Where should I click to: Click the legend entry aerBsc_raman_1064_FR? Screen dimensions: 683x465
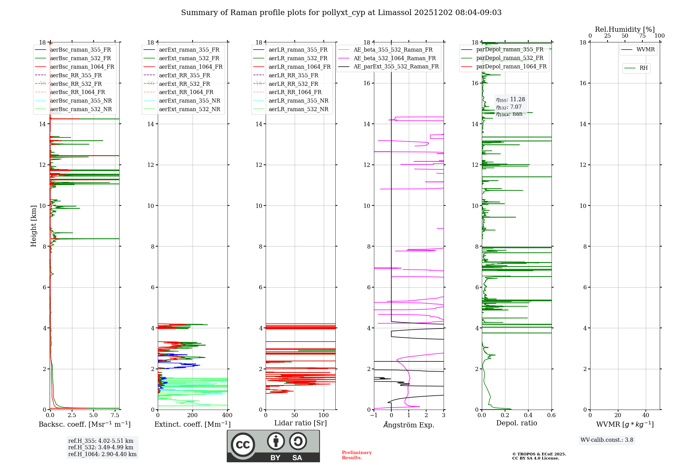click(74, 67)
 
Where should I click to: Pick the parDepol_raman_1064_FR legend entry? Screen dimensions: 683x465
click(504, 67)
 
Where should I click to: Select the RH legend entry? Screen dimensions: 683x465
click(636, 68)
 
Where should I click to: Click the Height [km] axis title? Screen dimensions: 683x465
click(33, 226)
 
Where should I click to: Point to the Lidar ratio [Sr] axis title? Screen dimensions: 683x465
click(301, 423)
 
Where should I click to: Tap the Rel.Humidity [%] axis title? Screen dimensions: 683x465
click(625, 29)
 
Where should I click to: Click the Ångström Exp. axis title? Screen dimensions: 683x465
click(409, 425)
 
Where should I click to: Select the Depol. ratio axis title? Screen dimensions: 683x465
click(517, 423)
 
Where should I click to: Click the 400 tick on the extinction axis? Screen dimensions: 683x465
click(227, 415)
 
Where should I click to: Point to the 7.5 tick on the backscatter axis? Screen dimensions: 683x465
click(115, 415)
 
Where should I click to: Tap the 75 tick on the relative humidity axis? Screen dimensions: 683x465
click(642, 36)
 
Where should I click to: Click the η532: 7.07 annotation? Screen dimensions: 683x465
click(509, 107)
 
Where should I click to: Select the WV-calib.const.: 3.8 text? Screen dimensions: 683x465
click(607, 440)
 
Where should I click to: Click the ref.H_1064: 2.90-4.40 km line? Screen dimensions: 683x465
click(102, 454)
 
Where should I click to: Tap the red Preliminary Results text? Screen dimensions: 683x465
click(357, 455)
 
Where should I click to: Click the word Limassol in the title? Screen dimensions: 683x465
click(394, 13)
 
